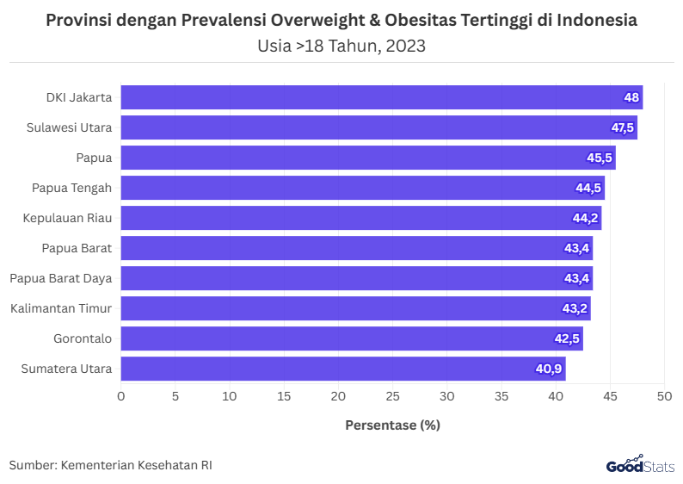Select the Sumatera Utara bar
(x=342, y=369)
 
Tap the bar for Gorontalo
(x=351, y=338)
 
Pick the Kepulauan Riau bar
(x=360, y=218)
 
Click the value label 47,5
(x=623, y=127)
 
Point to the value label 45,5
(x=600, y=158)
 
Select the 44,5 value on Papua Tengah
(x=588, y=188)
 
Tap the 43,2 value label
(x=575, y=308)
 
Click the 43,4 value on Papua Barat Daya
(x=576, y=278)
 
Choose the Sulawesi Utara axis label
(x=69, y=127)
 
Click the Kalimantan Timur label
(x=61, y=308)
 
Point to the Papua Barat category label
(x=77, y=248)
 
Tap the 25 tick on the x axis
(x=392, y=397)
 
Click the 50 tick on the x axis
(x=664, y=397)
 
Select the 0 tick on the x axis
(x=120, y=397)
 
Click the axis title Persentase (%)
(x=392, y=425)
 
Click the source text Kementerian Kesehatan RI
(x=137, y=465)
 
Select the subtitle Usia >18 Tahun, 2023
(x=341, y=46)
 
